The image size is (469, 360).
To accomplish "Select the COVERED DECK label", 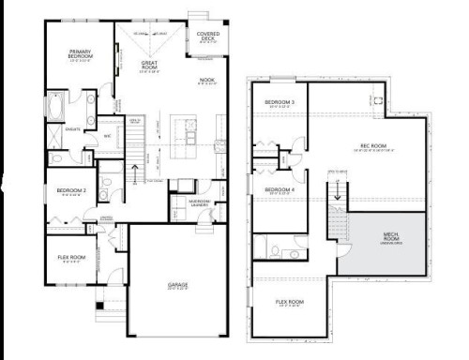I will (208, 36).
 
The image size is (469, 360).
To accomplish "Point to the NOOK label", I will (206, 81).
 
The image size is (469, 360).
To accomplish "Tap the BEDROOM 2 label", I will (70, 190).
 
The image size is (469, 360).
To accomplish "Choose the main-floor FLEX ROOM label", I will (71, 258).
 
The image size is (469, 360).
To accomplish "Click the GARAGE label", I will (178, 284).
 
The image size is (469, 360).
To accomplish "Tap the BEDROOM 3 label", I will (280, 102).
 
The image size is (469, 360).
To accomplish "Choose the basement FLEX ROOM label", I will (288, 302).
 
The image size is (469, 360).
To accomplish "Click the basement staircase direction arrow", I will (334, 193).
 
